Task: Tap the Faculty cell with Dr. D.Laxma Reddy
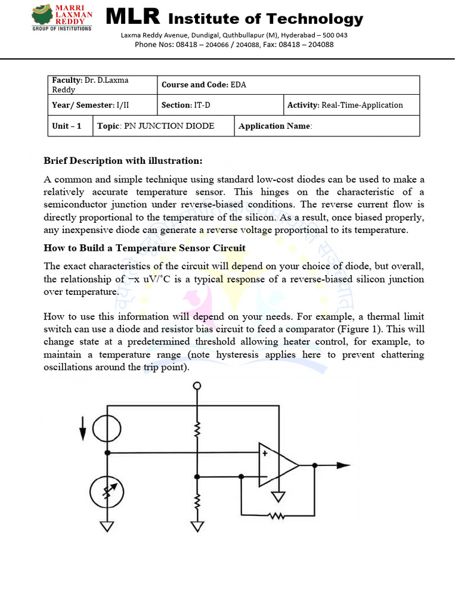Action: click(x=102, y=85)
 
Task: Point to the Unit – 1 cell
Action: click(x=70, y=126)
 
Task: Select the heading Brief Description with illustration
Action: click(x=123, y=161)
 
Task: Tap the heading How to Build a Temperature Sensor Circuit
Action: click(x=144, y=248)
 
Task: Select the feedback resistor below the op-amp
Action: click(x=277, y=516)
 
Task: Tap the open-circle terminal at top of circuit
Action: click(x=196, y=387)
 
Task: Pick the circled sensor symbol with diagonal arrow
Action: click(x=107, y=492)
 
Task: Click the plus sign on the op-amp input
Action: click(x=264, y=453)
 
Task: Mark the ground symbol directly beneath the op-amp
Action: click(x=277, y=496)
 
